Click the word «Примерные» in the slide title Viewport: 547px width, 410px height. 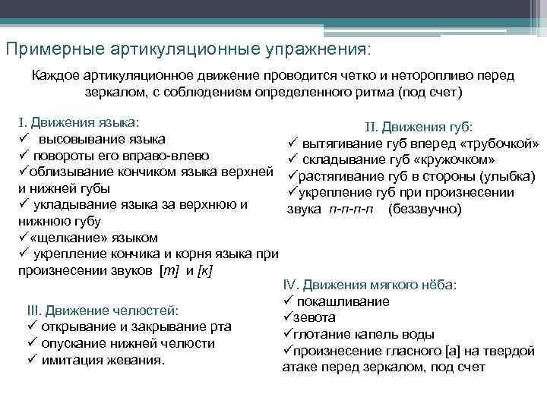click(50, 49)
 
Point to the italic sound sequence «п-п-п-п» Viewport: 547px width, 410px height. click(350, 210)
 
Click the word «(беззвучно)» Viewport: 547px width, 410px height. click(425, 210)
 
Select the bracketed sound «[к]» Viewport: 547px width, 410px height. click(204, 271)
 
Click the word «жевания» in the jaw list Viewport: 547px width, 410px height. click(138, 359)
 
